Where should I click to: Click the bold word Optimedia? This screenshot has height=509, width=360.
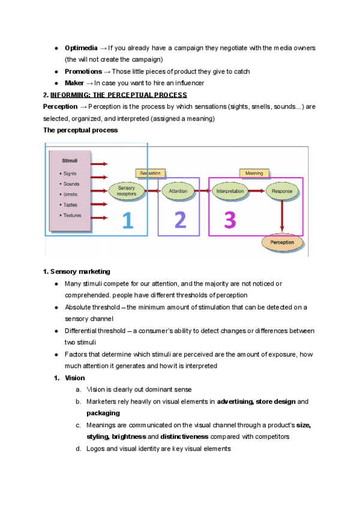tap(81, 47)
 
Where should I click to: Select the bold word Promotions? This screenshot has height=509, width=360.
tap(83, 71)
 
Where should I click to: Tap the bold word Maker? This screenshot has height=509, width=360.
tap(74, 83)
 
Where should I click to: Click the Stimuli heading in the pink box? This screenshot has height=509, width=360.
tap(71, 161)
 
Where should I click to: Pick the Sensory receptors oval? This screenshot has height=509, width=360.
tap(127, 191)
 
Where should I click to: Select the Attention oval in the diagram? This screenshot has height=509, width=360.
tap(178, 191)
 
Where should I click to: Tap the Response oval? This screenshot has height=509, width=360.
tap(281, 191)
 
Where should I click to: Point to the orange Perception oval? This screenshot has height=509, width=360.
tap(282, 242)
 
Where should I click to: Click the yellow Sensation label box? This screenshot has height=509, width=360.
tap(150, 173)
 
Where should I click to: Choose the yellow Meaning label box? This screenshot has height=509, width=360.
tap(254, 173)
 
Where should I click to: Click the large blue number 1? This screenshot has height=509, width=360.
tap(128, 221)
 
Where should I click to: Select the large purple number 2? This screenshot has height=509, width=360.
tap(180, 221)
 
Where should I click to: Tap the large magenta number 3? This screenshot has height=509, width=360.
tap(230, 221)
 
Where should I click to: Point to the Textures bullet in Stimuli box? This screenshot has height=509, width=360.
tap(72, 215)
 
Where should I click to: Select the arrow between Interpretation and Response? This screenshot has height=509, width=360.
tap(256, 191)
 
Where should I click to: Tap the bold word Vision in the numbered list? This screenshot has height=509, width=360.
tap(75, 378)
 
